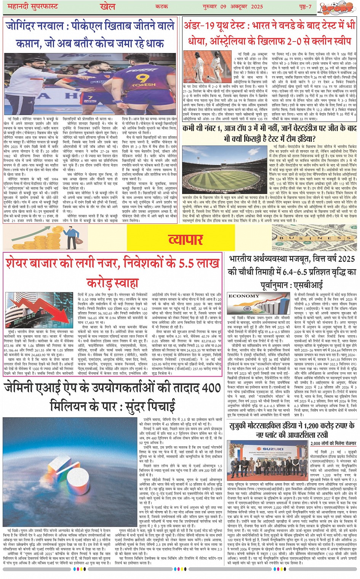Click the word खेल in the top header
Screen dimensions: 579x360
pyautogui.click(x=107, y=6)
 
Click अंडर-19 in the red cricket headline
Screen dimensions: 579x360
pyautogui.click(x=200, y=26)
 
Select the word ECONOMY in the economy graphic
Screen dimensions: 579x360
pyautogui.click(x=244, y=296)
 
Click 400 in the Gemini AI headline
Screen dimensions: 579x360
pyautogui.click(x=211, y=388)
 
